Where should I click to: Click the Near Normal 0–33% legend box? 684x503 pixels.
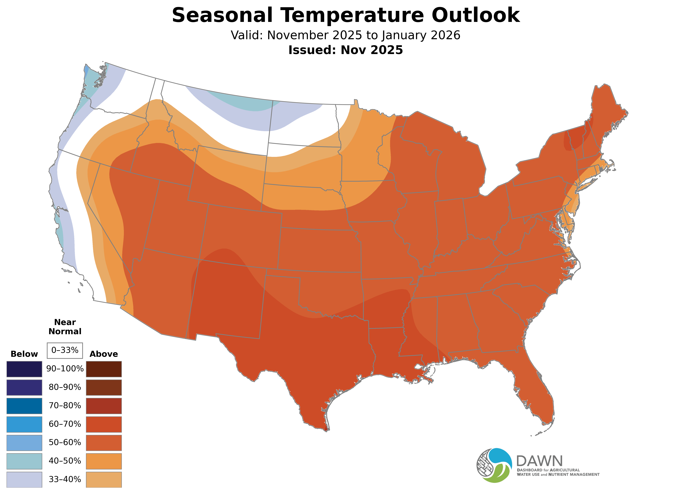[x=65, y=350]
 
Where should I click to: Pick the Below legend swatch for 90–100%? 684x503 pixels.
[x=24, y=369]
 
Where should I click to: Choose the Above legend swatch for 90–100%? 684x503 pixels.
[x=104, y=369]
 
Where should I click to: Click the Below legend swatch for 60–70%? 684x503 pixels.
[x=24, y=424]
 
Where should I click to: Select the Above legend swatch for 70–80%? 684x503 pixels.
[x=104, y=406]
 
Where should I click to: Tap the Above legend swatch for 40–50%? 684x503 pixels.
[x=104, y=461]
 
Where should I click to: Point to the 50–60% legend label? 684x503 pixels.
[x=65, y=442]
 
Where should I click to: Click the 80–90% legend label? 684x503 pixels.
[x=65, y=387]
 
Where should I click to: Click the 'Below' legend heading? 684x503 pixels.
[x=24, y=354]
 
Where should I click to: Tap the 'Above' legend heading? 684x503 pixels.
[x=104, y=354]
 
